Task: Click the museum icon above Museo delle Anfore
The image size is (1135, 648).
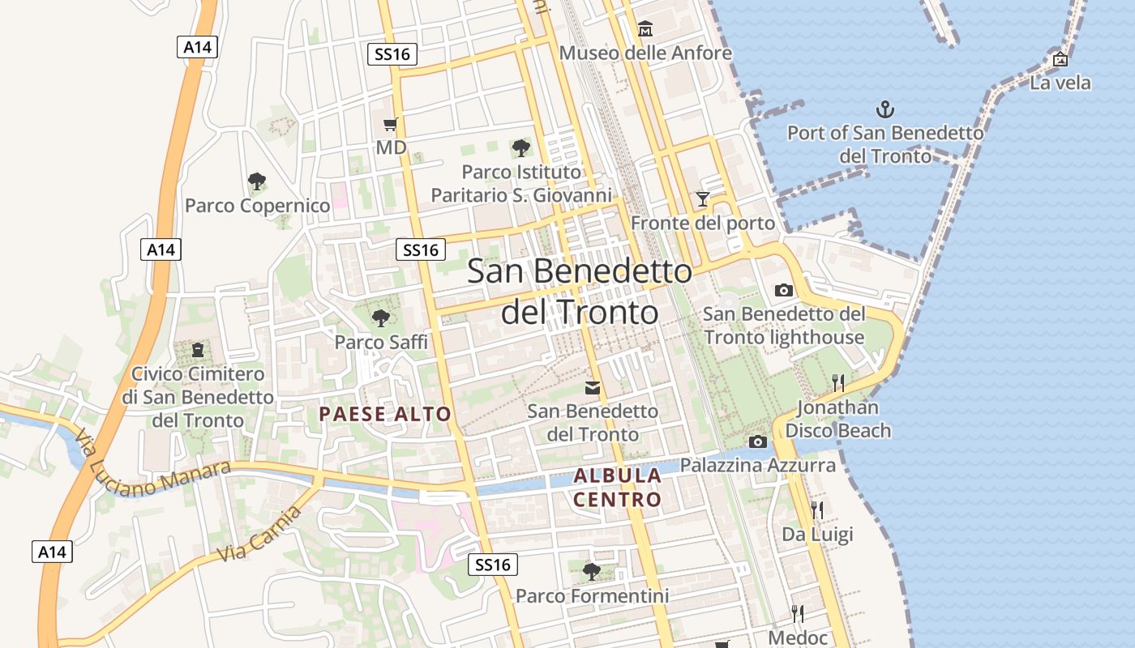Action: coord(645,29)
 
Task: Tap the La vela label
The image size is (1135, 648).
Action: coord(1060,83)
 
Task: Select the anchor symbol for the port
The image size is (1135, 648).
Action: coord(885,109)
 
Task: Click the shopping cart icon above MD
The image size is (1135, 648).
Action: coord(391,124)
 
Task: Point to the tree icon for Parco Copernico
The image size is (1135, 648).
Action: coord(257,181)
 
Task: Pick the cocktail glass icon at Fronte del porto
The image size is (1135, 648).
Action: coord(702,198)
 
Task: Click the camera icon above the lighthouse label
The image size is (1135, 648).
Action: coord(783,289)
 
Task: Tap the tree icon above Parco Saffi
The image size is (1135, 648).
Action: coord(380,318)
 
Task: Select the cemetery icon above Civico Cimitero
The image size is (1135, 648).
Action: coord(198,350)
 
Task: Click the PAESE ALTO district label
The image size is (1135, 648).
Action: coord(385,414)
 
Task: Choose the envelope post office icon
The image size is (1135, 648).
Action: coord(593,388)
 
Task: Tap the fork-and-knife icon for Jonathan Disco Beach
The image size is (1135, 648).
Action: coord(838,382)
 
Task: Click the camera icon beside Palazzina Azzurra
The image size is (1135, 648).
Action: coord(758,441)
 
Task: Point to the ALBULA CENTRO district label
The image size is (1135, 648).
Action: coord(618,487)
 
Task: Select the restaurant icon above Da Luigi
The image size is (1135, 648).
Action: coord(817,509)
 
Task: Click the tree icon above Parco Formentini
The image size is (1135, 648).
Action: coord(592,571)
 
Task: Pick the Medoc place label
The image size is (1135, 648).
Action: coord(798,637)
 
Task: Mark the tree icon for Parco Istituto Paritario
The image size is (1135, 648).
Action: coord(520,148)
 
